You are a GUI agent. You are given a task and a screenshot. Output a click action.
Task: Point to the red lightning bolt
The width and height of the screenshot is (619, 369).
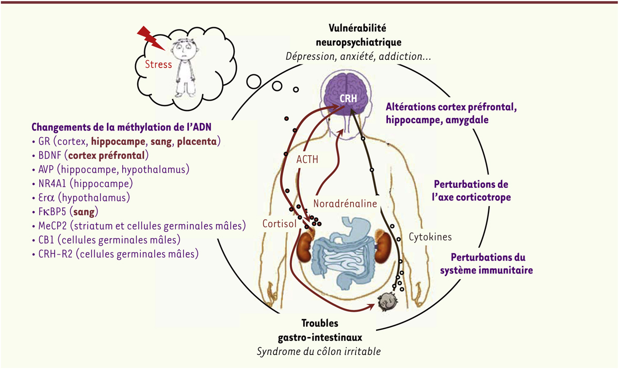(x=151, y=37)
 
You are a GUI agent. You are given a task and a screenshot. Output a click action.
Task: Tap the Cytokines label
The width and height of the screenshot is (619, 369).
(x=430, y=237)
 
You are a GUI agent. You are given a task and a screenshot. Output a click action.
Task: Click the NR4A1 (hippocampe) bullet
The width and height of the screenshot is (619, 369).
(x=82, y=183)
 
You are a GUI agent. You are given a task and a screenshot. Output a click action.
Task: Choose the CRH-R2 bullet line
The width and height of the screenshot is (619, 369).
(x=115, y=254)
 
